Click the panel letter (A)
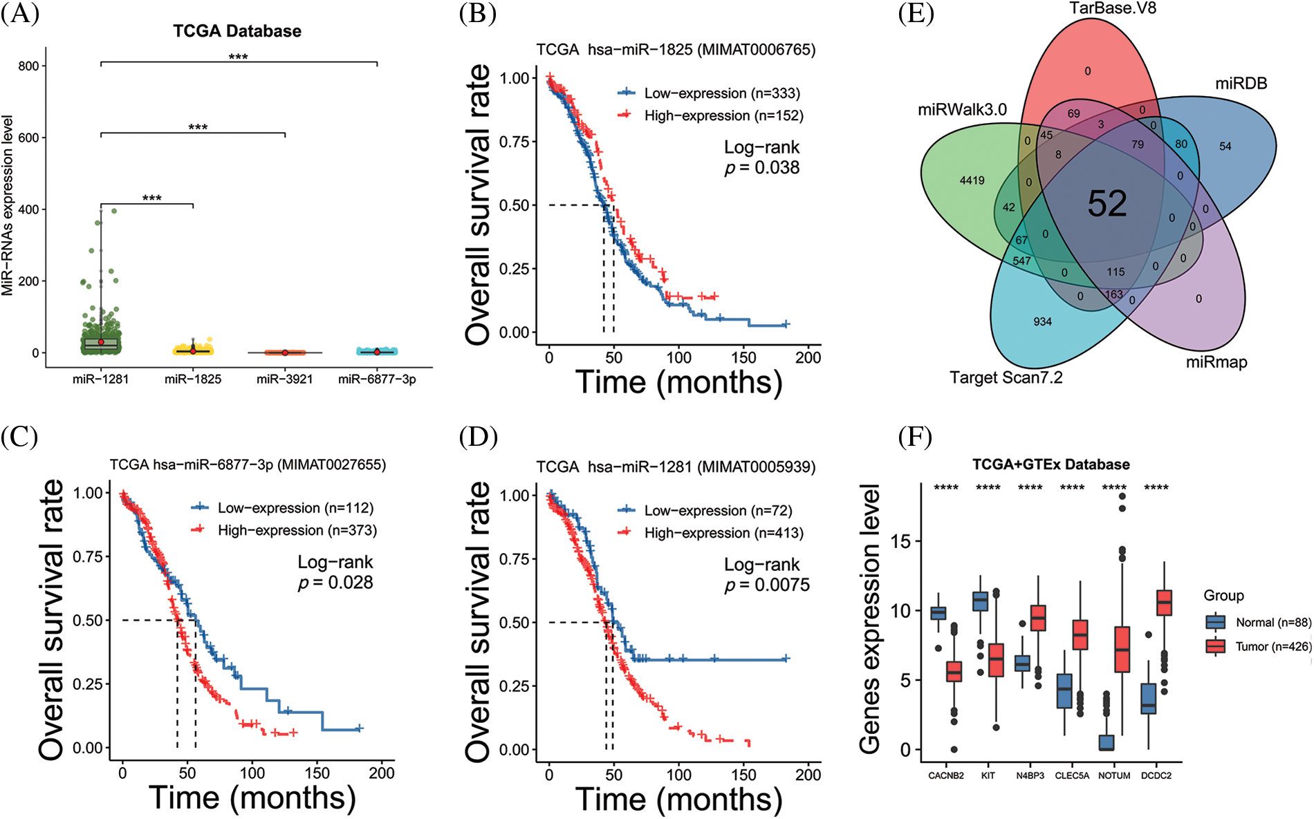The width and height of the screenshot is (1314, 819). point(19,14)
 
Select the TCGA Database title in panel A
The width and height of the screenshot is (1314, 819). point(237,31)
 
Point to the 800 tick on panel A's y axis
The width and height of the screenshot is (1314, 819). point(28,66)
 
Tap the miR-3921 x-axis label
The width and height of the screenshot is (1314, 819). point(284,379)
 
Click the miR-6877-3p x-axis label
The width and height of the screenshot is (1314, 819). point(377,379)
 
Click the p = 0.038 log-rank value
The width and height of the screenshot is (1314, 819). point(762,168)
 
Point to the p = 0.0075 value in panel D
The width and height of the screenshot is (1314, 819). point(767,585)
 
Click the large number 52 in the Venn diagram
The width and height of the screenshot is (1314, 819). point(1107,204)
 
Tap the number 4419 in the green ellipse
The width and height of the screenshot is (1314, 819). point(972,180)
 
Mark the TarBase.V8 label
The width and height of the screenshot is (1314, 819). point(1112,8)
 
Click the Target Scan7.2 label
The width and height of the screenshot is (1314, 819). point(1006,377)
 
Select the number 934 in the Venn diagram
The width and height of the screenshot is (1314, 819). point(1042,321)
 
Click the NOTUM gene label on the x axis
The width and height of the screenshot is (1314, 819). point(1114,775)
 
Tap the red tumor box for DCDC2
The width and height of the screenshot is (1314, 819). point(1165,602)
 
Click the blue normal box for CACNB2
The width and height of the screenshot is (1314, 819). point(938,613)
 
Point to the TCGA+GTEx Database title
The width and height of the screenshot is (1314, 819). point(1051,464)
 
